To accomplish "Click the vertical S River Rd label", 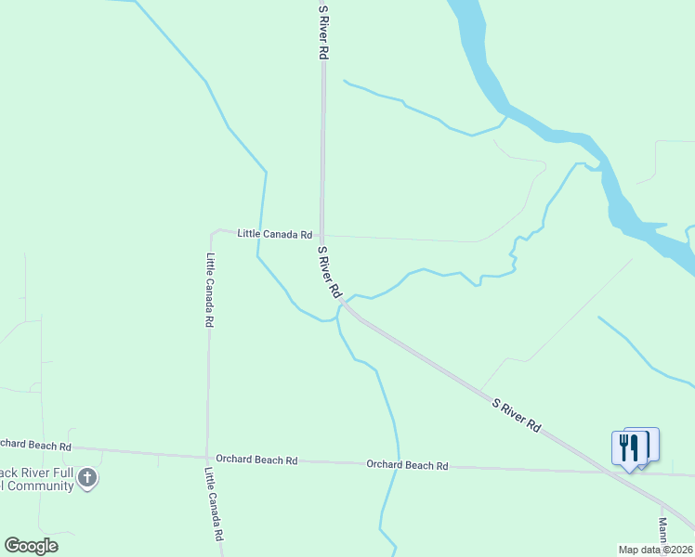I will tap(323, 33).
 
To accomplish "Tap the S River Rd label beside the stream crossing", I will tap(329, 272).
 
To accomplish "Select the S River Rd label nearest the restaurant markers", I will tap(517, 415).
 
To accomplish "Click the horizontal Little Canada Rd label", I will tap(274, 234).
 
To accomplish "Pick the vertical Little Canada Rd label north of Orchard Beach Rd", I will tap(211, 291).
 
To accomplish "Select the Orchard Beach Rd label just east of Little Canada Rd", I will tap(256, 460).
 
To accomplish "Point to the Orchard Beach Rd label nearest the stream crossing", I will tap(407, 465).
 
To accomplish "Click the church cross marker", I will tap(87, 479).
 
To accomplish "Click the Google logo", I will tap(31, 546).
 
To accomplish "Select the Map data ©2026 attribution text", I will tap(655, 550).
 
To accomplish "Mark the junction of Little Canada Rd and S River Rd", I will tap(322, 235).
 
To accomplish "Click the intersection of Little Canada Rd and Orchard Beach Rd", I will tap(207, 457).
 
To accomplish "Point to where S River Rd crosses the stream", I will tap(346, 304).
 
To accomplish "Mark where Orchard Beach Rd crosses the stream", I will tap(398, 465).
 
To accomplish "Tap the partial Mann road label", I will tap(664, 531).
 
